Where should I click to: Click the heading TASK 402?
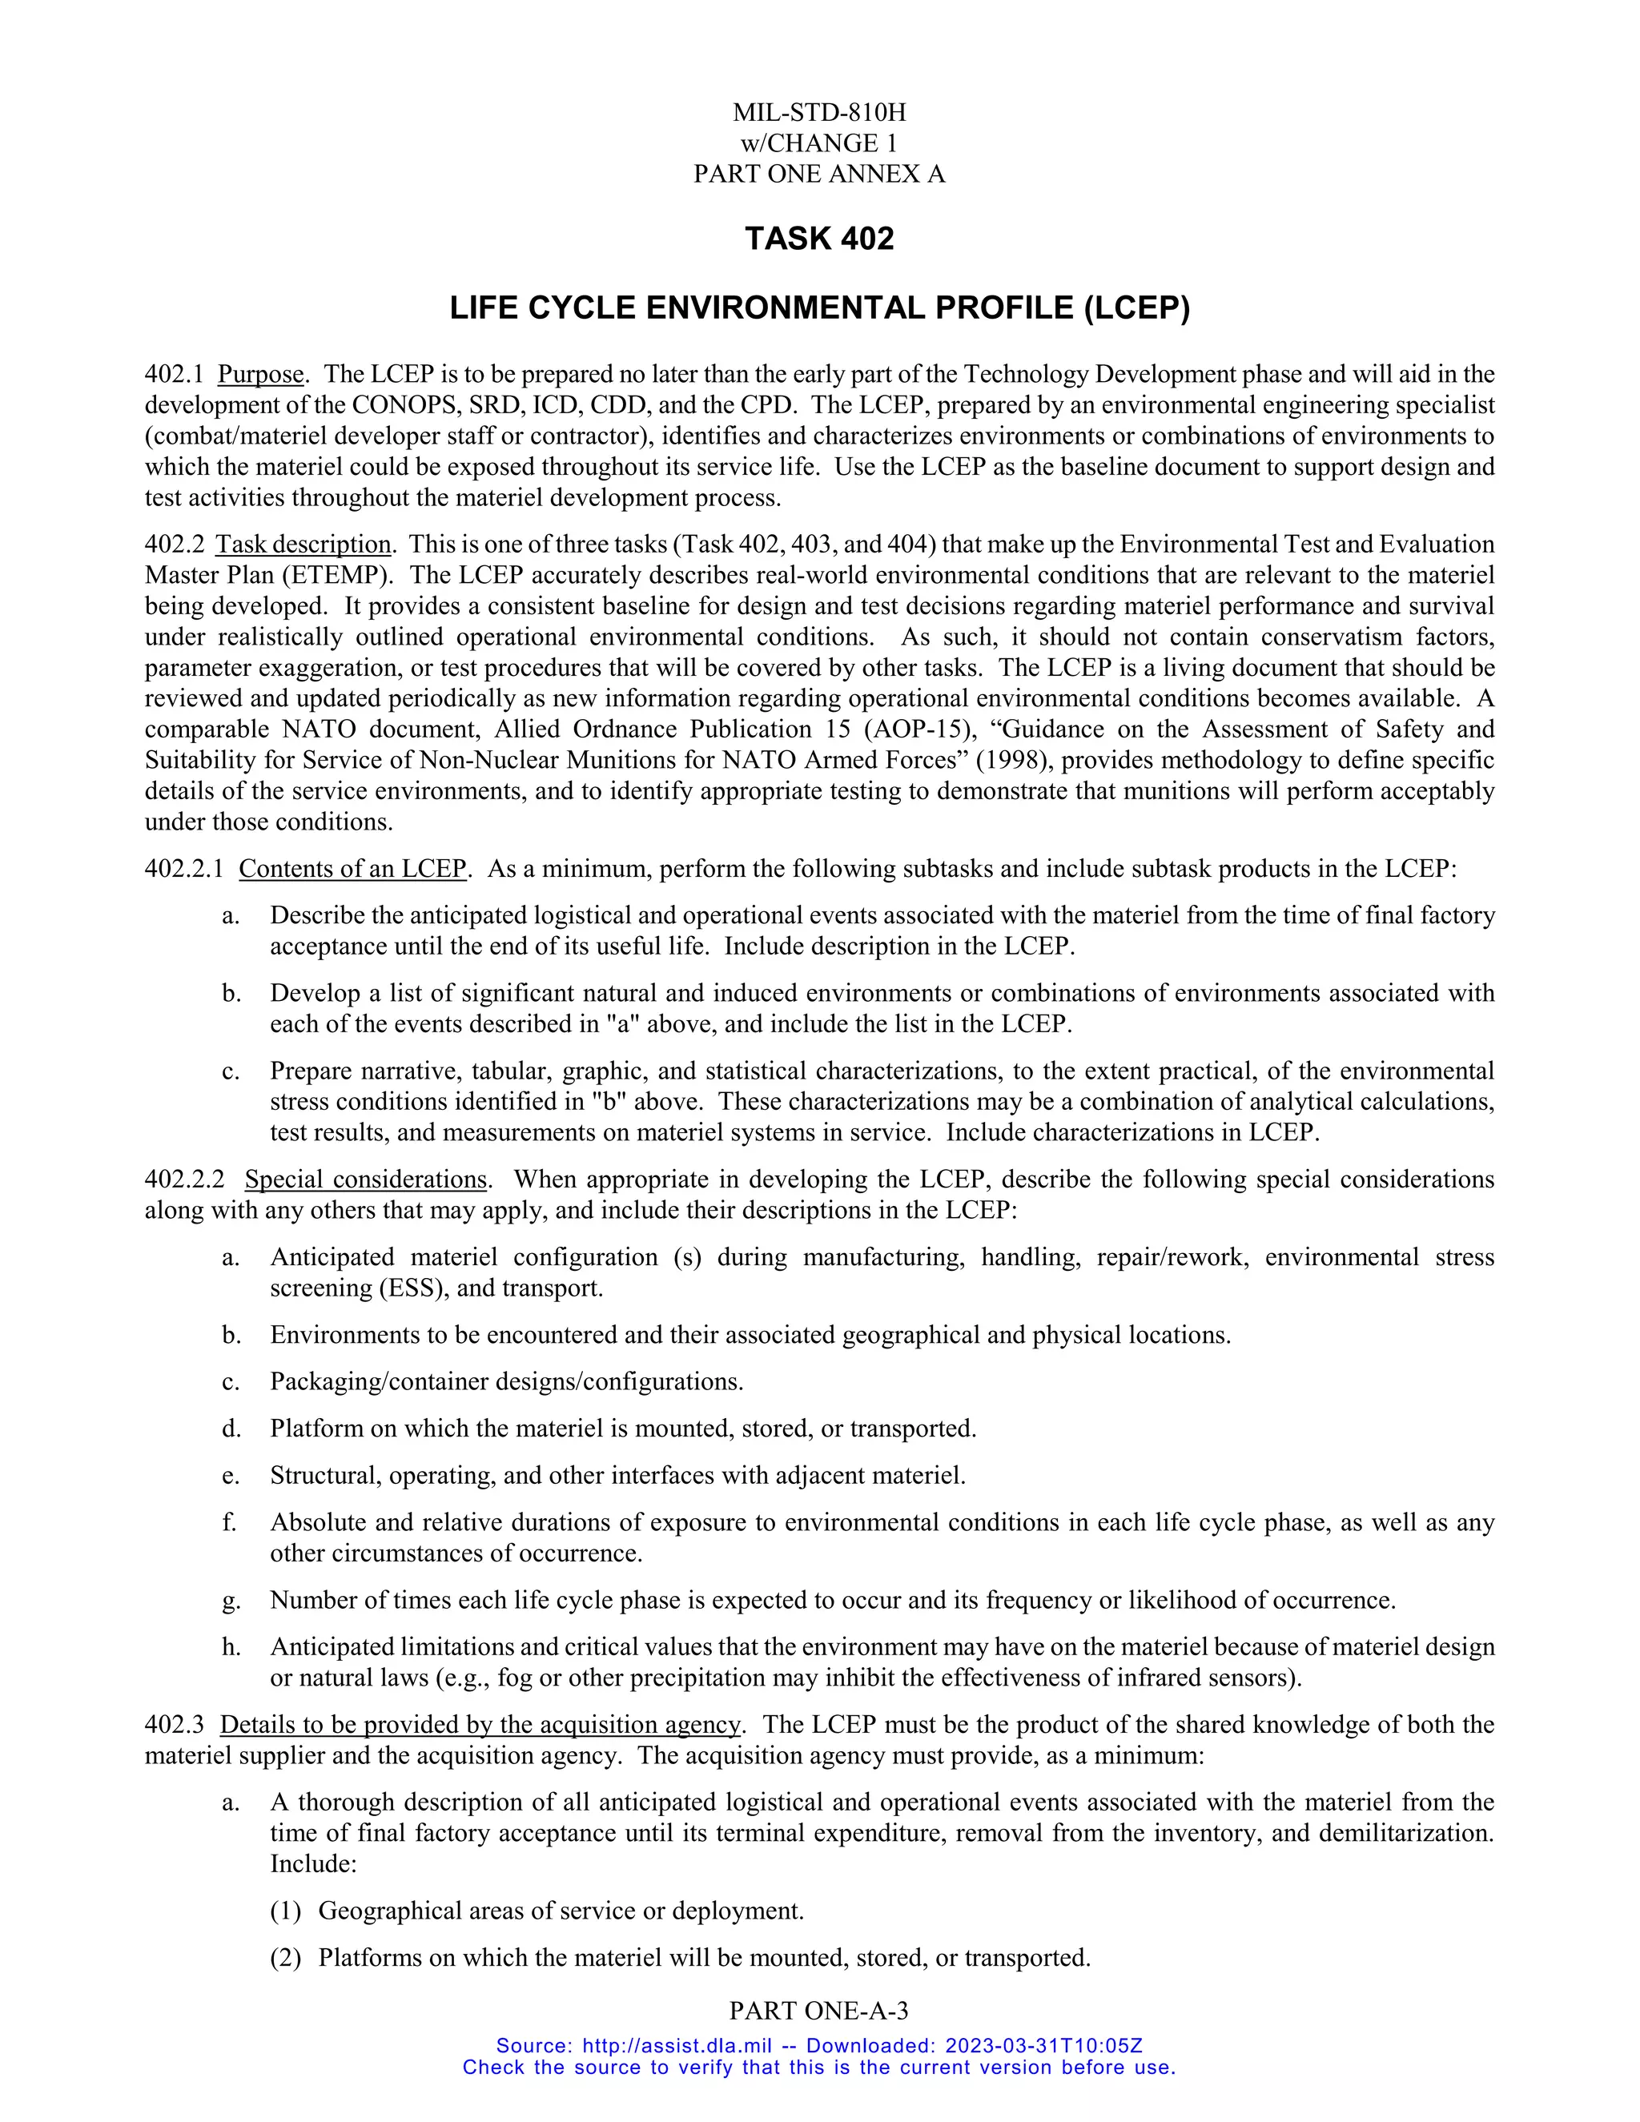pyautogui.click(x=819, y=239)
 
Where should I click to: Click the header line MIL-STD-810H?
pyautogui.click(x=819, y=113)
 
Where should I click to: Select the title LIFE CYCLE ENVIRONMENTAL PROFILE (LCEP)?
pyautogui.click(x=819, y=308)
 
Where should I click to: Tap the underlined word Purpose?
pyautogui.click(x=260, y=375)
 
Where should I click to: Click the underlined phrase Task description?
pyautogui.click(x=303, y=545)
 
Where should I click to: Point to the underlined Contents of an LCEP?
pyautogui.click(x=352, y=869)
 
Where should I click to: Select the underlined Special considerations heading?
pyautogui.click(x=365, y=1180)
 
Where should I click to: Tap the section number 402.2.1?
pyautogui.click(x=183, y=869)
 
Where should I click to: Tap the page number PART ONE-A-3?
pyautogui.click(x=819, y=2011)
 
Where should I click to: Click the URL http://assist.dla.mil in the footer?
pyautogui.click(x=677, y=2046)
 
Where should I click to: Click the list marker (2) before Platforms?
pyautogui.click(x=286, y=1958)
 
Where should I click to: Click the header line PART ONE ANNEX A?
pyautogui.click(x=819, y=174)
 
